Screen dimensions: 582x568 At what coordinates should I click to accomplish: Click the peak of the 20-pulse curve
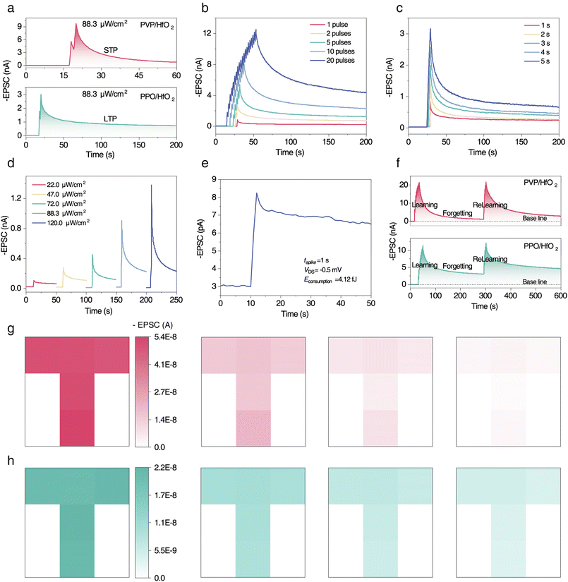click(x=256, y=30)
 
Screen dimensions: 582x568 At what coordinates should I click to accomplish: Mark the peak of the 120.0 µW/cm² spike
click(x=151, y=185)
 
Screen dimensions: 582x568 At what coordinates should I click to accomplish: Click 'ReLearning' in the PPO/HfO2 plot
click(x=490, y=260)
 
